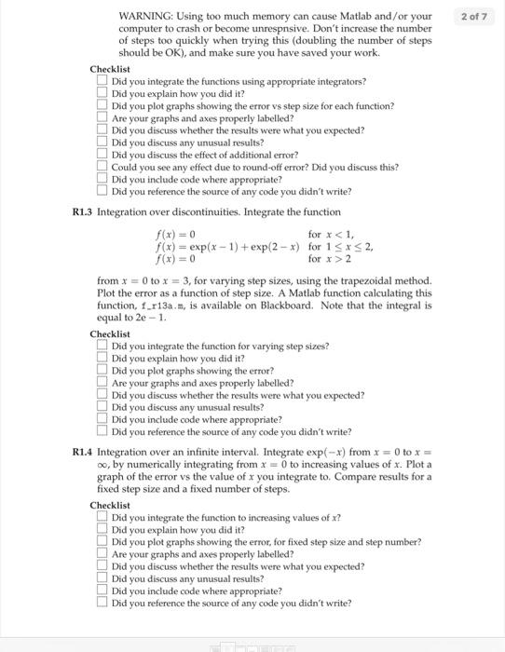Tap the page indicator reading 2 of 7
[x=473, y=17]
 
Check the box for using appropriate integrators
[x=102, y=82]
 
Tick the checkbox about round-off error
[x=102, y=167]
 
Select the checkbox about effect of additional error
[x=102, y=155]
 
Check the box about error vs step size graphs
[x=102, y=106]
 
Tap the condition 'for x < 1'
[x=330, y=234]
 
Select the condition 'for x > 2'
[x=330, y=259]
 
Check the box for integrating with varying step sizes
[x=102, y=346]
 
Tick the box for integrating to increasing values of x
[x=102, y=517]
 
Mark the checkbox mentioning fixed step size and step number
[x=102, y=541]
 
